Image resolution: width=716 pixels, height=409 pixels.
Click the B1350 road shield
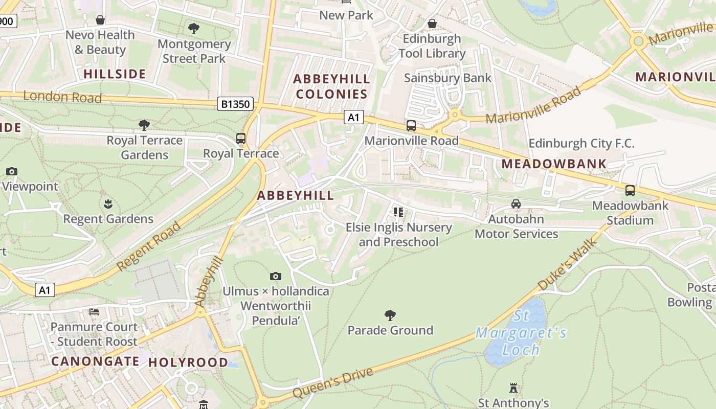point(236,104)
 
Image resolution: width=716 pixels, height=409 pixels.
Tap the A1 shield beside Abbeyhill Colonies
point(353,118)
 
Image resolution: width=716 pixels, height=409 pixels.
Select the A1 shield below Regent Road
point(45,290)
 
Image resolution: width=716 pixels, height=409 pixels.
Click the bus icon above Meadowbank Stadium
point(630,191)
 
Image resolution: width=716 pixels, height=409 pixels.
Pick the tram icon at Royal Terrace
point(240,139)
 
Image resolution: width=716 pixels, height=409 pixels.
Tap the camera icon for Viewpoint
point(12,172)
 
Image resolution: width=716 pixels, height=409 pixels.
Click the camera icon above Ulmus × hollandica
point(276,277)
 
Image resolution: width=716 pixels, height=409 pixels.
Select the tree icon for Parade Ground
point(390,315)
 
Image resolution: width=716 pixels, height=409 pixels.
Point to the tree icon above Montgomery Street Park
point(194,29)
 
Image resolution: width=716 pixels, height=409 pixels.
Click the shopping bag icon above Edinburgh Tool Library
point(432,24)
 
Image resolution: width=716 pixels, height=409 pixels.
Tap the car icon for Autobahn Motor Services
point(516,204)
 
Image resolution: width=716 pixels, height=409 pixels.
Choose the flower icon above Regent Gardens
point(108,204)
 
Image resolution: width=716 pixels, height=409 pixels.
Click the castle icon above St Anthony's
point(513,388)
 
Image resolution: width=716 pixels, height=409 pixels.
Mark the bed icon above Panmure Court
point(94,312)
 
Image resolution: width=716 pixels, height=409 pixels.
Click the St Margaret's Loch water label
point(521,333)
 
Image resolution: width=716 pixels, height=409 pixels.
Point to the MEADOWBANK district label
point(554,164)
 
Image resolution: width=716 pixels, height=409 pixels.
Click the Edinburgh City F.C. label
point(581,144)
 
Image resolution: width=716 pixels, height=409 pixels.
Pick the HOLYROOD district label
point(188,362)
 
